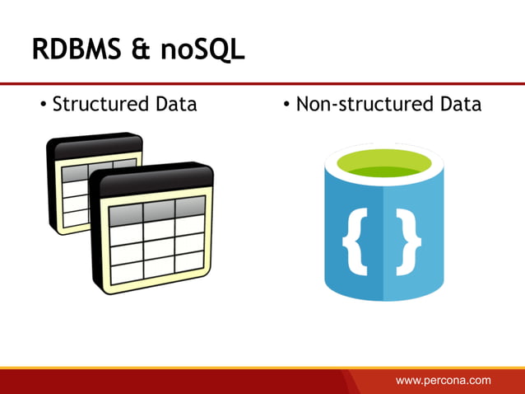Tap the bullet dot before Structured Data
pos(44,106)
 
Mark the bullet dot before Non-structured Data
pos(287,106)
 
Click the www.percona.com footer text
pos(444,380)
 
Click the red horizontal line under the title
pos(262,83)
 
